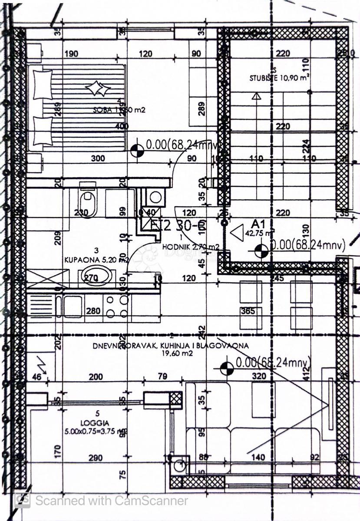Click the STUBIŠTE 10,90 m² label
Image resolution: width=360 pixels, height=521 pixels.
[279, 79]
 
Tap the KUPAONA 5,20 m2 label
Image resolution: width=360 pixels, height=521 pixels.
[96, 260]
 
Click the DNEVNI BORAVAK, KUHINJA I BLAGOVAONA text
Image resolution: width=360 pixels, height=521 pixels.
[170, 346]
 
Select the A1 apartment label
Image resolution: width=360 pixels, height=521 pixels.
[259, 224]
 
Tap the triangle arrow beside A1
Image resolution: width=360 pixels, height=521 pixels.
[237, 233]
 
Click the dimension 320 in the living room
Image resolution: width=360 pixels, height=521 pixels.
[258, 376]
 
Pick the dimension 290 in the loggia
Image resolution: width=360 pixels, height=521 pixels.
[95, 458]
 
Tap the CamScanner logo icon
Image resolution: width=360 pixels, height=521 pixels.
[22, 500]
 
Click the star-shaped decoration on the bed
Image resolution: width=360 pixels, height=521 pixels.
[98, 89]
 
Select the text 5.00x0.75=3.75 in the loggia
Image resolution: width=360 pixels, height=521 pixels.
[91, 432]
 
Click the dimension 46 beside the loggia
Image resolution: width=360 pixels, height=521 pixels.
[37, 377]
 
